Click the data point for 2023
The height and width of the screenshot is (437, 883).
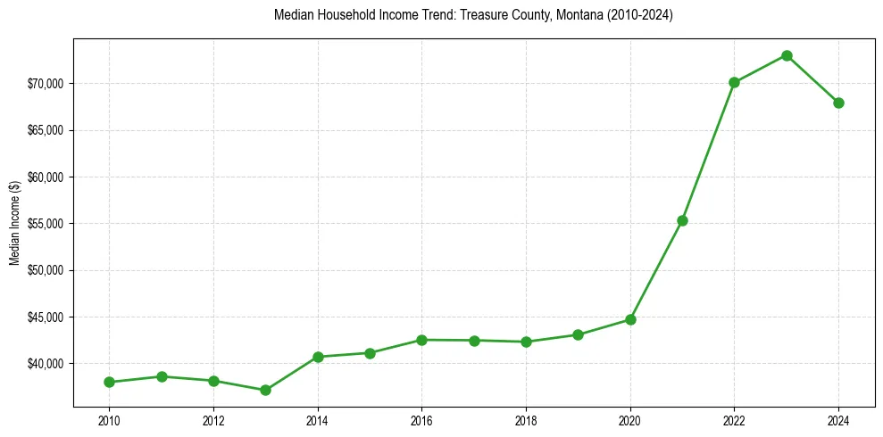point(787,55)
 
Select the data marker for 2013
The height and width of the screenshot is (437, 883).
point(265,390)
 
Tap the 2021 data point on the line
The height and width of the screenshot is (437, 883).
point(682,220)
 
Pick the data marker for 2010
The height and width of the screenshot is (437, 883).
point(109,382)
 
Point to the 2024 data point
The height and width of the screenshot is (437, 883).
point(838,103)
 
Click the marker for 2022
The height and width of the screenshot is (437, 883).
point(734,82)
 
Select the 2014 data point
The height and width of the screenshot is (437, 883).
point(318,357)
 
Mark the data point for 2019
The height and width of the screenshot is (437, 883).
point(578,335)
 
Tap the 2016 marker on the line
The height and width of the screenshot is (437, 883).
point(421,340)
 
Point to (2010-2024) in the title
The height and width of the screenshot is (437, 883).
point(634,15)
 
